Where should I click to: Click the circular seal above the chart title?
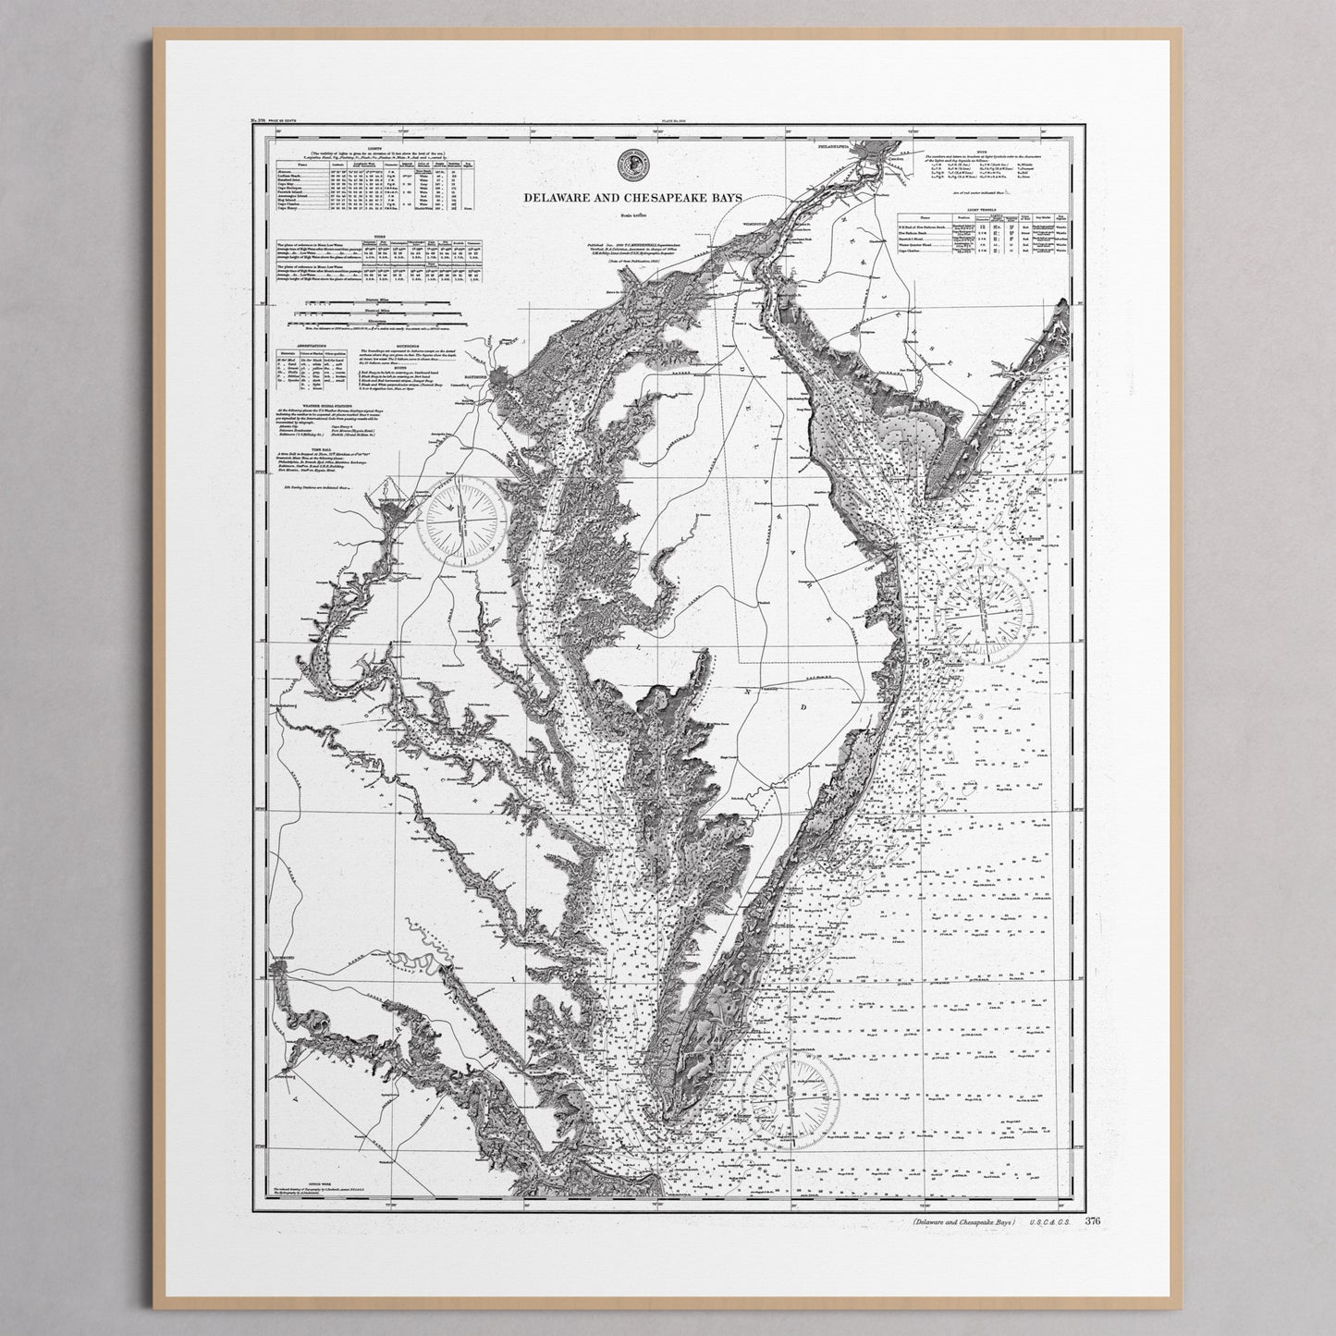coord(631,164)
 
